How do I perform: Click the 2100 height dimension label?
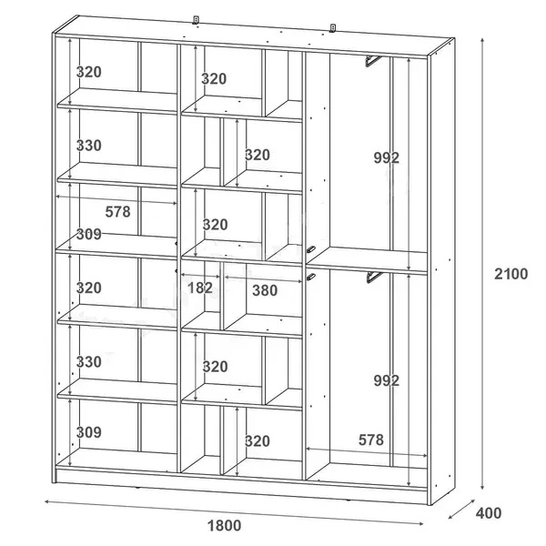(511, 274)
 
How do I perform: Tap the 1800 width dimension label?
(224, 525)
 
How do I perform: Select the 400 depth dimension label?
(489, 513)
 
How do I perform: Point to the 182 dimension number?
(200, 288)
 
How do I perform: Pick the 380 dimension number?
(265, 290)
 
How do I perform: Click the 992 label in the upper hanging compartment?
(386, 158)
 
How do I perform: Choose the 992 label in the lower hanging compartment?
(386, 380)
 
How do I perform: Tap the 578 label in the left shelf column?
(117, 212)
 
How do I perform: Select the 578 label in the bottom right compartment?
(371, 440)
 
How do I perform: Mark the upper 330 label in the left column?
(89, 146)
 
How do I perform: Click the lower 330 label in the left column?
(89, 362)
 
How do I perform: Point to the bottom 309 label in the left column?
(89, 432)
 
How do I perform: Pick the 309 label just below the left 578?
(89, 235)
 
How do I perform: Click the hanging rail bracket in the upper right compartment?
(373, 61)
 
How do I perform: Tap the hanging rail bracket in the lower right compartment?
(374, 278)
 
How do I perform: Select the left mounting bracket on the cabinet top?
(196, 20)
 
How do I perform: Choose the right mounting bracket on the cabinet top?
(333, 28)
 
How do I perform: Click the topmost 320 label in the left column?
(89, 72)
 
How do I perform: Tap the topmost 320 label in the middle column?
(214, 79)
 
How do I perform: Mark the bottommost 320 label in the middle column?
(258, 441)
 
